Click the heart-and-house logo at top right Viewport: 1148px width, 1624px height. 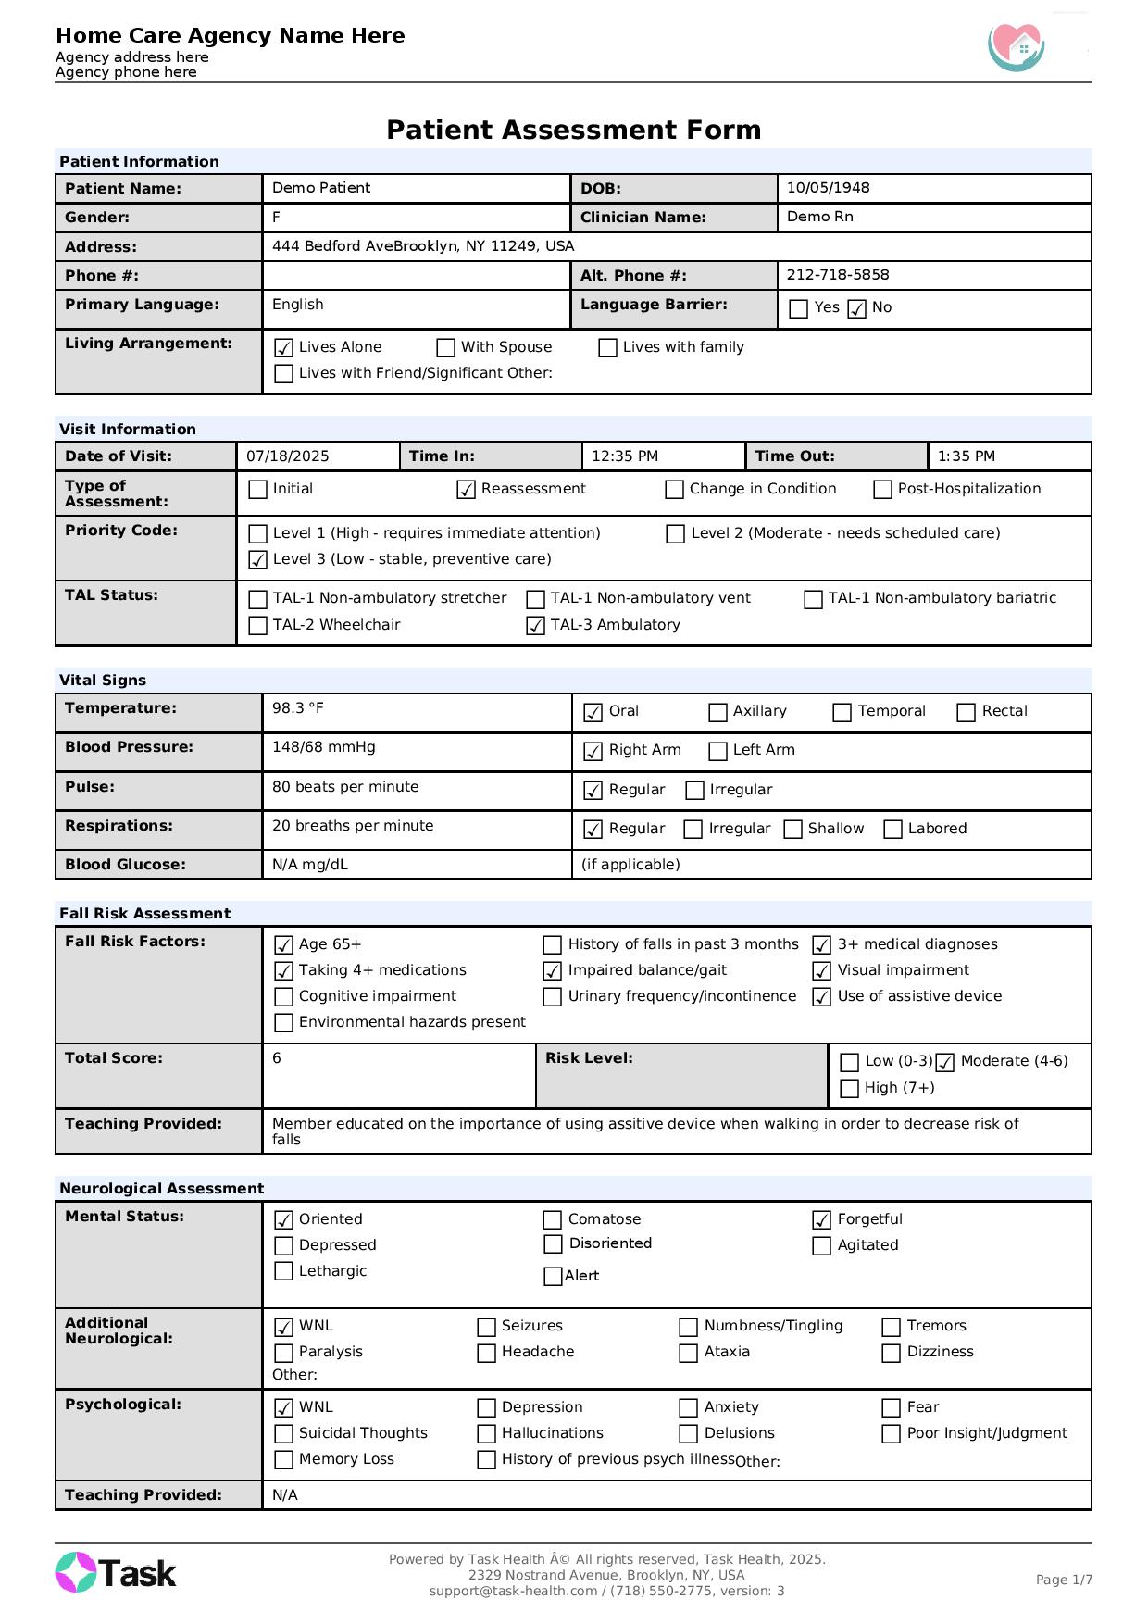pos(1017,46)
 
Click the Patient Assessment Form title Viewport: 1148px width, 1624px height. pos(573,130)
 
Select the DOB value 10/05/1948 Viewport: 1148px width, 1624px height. pos(828,188)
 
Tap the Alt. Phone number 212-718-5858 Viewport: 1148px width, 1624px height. pos(837,275)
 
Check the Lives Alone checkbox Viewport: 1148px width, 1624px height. pos(284,348)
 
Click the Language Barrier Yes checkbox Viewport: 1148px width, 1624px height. pos(798,308)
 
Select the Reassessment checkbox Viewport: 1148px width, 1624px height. pos(467,490)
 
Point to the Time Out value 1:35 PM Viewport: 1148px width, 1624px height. pos(966,456)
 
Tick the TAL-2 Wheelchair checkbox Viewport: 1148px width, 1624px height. pos(258,626)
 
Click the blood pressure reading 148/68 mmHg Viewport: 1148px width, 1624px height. pos(323,747)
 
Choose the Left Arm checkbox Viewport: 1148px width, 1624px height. pos(717,751)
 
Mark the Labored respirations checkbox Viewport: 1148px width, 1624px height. pos(892,830)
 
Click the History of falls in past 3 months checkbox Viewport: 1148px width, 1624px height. pos(552,945)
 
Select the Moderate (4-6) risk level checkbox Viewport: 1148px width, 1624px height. pos(944,1062)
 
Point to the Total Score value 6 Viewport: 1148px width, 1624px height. pos(277,1058)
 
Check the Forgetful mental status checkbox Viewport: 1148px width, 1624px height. pos(821,1220)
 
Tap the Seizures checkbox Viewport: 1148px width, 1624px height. pos(486,1327)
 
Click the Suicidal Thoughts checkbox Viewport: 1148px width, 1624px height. pos(284,1434)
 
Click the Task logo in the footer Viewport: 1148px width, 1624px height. pos(116,1573)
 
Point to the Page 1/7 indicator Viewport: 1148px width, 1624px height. pos(1063,1580)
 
